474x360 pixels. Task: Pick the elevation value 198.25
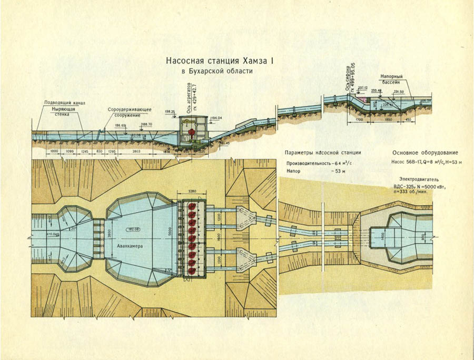point(170,112)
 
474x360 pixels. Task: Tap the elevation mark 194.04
point(216,118)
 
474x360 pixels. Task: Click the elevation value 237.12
point(362,87)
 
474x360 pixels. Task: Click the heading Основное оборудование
point(428,153)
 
